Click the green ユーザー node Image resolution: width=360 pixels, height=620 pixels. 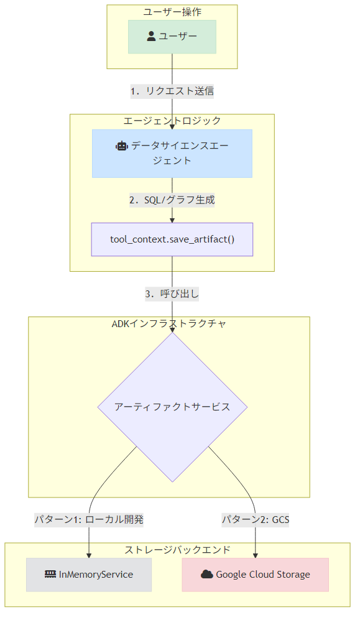(172, 37)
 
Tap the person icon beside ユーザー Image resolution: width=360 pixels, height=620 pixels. (151, 36)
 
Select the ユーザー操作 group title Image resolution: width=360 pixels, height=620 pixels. (172, 12)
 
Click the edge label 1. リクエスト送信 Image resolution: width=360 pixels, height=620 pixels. (172, 91)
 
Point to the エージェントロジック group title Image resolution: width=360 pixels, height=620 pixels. (172, 121)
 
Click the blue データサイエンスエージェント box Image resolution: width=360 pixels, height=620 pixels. (172, 154)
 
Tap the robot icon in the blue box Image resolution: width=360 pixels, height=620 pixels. (122, 146)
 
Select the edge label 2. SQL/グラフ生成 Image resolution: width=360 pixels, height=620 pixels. (172, 200)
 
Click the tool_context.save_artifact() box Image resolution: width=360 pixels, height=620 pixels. (172, 239)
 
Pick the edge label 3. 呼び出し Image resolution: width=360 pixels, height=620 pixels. (172, 294)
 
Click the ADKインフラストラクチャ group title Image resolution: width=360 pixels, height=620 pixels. (168, 323)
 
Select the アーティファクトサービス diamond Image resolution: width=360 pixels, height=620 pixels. (172, 407)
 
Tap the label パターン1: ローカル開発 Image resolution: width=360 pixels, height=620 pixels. (89, 519)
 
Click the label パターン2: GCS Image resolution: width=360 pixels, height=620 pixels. (256, 519)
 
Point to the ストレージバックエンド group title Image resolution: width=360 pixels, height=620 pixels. (177, 550)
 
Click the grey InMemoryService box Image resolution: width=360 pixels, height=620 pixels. (89, 575)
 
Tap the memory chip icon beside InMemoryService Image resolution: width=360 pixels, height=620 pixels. (50, 574)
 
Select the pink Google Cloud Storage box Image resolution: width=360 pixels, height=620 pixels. (256, 575)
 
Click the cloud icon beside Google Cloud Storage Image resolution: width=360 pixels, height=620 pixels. (206, 574)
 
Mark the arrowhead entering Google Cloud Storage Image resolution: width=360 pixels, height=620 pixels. (256, 555)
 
